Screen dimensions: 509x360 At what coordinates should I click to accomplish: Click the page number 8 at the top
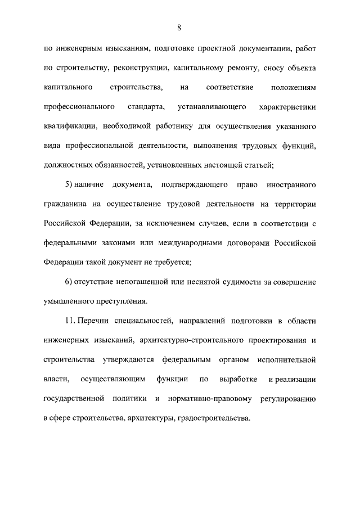point(178,27)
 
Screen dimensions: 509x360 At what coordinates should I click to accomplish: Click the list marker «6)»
point(70,281)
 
